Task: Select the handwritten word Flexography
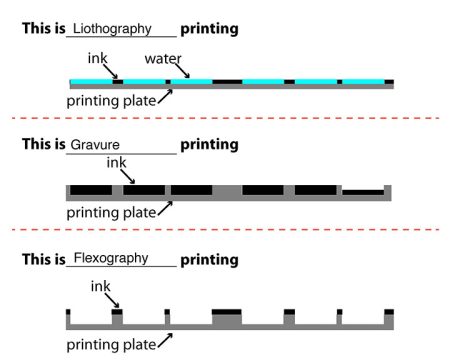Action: coord(111,258)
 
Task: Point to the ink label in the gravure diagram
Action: coord(116,160)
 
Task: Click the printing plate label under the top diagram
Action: coord(111,100)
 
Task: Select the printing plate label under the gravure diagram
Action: coord(111,212)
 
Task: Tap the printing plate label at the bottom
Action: coord(111,346)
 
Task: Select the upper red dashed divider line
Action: coord(225,118)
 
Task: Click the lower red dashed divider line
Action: coord(225,230)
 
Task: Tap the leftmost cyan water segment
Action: coord(90,80)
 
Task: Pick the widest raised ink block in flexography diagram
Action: coord(227,312)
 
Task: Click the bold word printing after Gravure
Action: coord(209,144)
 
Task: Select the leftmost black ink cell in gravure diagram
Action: coord(91,189)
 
